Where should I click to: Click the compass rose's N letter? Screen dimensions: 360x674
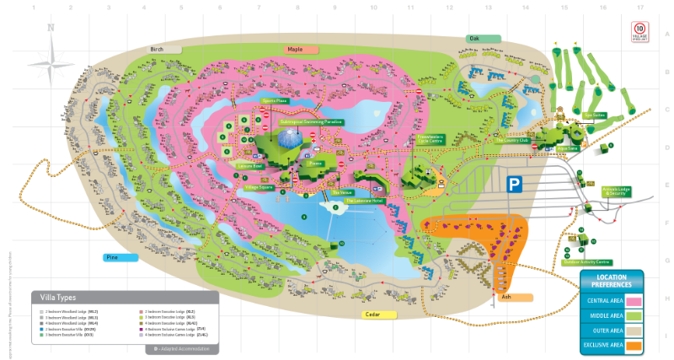(51, 28)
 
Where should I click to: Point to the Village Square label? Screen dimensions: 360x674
(256, 186)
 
